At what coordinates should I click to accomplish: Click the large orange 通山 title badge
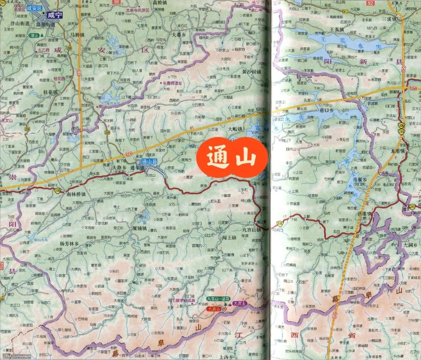(x=232, y=158)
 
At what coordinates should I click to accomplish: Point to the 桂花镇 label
(x=50, y=92)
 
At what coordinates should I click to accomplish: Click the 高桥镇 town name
(x=160, y=3)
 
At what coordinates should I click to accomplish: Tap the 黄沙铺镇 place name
(x=251, y=72)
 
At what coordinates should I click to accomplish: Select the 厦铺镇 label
(x=140, y=228)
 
